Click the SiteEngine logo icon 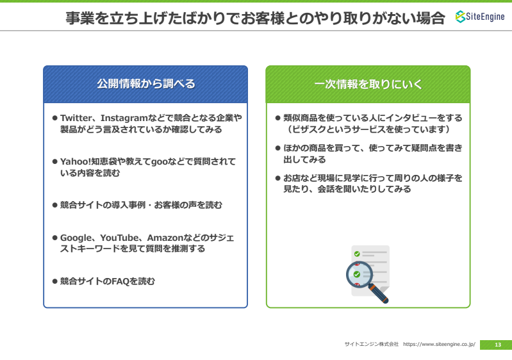460,17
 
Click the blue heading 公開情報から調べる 146,84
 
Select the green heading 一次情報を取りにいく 368,84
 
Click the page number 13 498,345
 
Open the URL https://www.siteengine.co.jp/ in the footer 439,345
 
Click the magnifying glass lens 359,275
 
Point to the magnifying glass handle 379,294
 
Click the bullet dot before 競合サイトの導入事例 55,205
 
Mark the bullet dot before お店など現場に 278,178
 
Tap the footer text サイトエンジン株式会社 372,345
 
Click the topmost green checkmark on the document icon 357,254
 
